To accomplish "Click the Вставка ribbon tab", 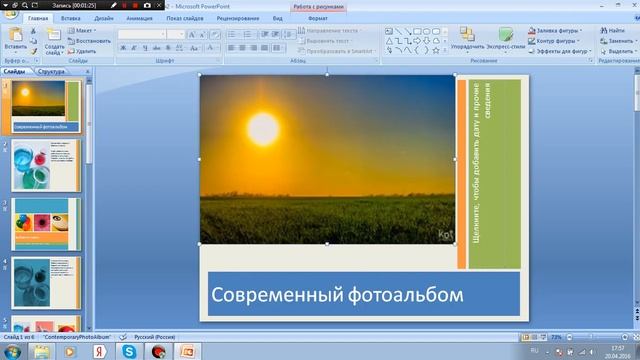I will [70, 18].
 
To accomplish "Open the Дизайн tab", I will [102, 18].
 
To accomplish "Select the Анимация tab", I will [139, 18].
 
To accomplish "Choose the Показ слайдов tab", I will [188, 18].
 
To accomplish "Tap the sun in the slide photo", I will [262, 127].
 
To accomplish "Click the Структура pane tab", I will [52, 72].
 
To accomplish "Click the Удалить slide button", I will [83, 50].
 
